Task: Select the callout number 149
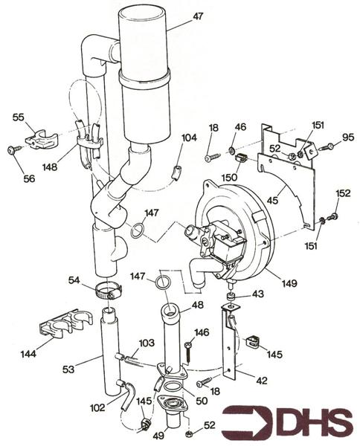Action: point(291,282)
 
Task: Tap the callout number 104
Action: point(190,138)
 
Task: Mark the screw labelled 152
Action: point(333,216)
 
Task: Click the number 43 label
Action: point(257,294)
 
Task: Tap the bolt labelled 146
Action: point(187,348)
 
